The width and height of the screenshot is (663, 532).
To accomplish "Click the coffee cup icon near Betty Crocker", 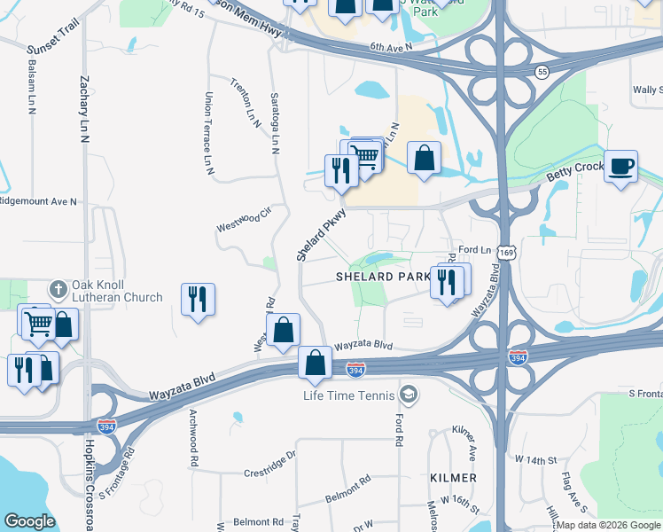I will pos(620,166).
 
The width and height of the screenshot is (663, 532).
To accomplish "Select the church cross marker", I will pos(58,288).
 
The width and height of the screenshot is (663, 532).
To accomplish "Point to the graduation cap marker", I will pos(409,393).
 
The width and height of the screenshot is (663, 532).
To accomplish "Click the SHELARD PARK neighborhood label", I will pos(383,277).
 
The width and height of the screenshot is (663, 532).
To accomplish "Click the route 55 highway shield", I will pos(541,70).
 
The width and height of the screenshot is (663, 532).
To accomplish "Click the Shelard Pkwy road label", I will pos(320,235).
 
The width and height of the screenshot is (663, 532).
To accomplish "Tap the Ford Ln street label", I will pos(474,250).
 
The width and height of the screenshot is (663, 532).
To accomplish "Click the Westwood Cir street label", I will pos(243,221).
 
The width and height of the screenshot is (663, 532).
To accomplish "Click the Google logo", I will pos(30,521).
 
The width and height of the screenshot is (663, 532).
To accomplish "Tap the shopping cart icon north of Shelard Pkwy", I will pos(364,156).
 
